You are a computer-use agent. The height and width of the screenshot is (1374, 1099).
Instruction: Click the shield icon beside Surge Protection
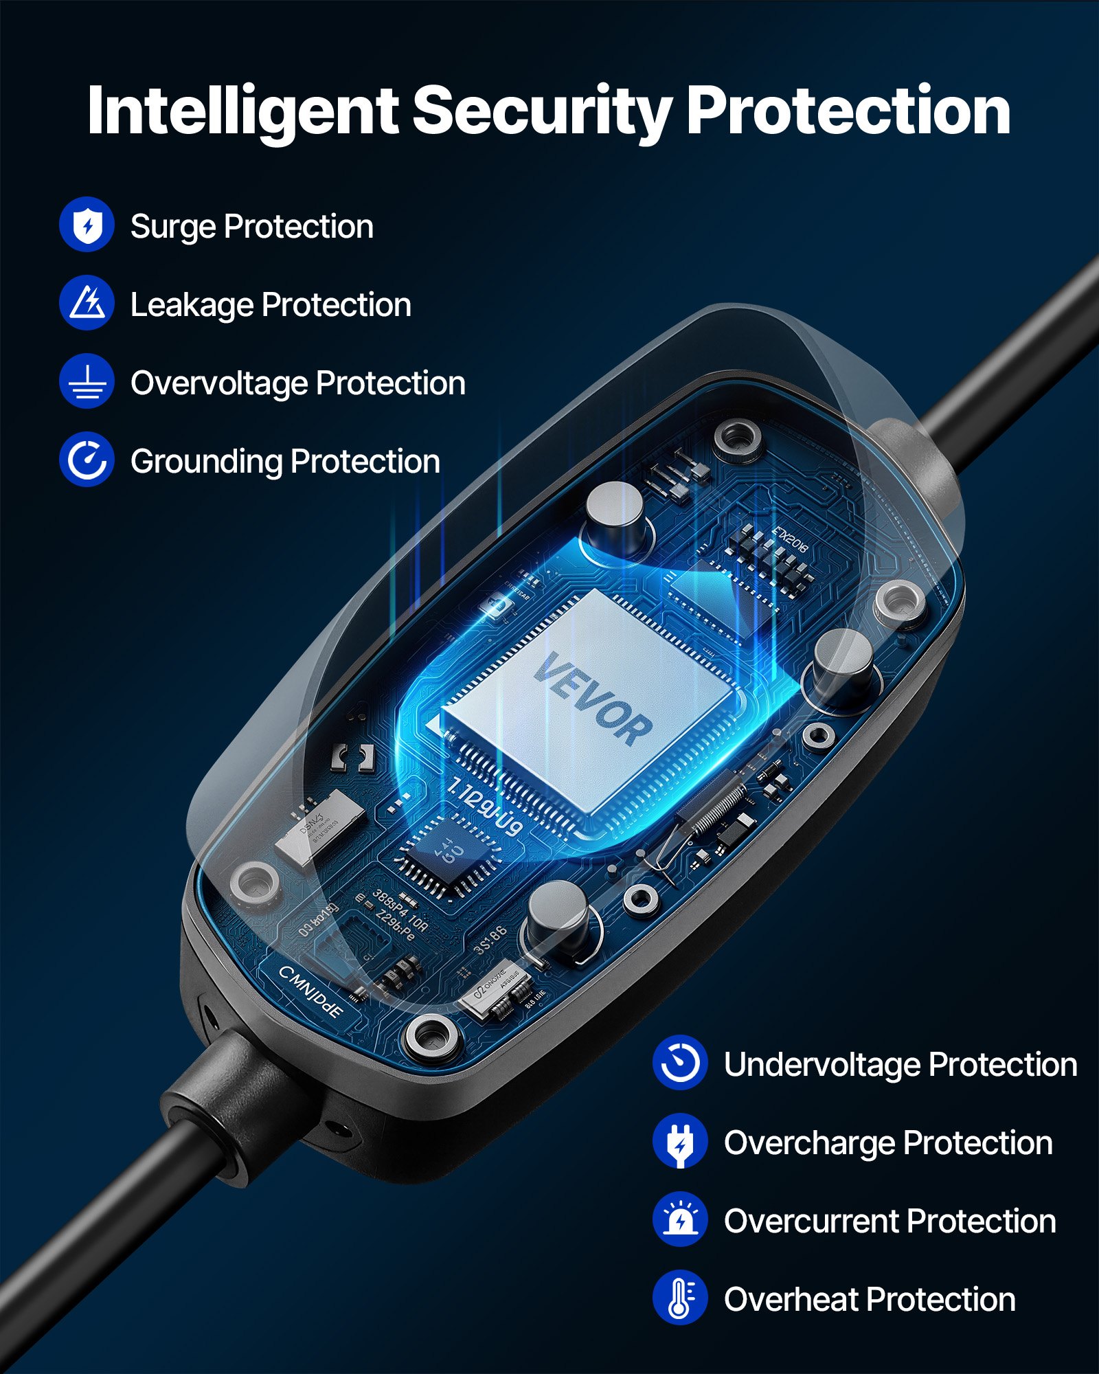[87, 225]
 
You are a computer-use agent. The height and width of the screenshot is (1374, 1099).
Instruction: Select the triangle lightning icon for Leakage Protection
[87, 303]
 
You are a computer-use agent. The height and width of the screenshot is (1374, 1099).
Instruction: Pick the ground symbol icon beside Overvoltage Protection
[87, 381]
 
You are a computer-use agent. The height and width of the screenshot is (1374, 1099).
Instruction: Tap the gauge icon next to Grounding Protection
[87, 460]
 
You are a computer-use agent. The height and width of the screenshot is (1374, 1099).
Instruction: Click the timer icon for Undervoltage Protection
[679, 1063]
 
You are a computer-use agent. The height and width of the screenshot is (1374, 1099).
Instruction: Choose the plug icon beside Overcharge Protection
[679, 1141]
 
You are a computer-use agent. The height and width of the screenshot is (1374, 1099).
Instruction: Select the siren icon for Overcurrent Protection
[679, 1219]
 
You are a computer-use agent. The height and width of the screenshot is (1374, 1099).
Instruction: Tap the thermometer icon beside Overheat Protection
[679, 1298]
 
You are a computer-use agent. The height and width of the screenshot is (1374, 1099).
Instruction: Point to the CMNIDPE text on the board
[310, 991]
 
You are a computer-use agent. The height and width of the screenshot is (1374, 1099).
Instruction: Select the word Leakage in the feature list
[192, 305]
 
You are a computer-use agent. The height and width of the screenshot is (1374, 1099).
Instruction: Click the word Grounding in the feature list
[206, 462]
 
